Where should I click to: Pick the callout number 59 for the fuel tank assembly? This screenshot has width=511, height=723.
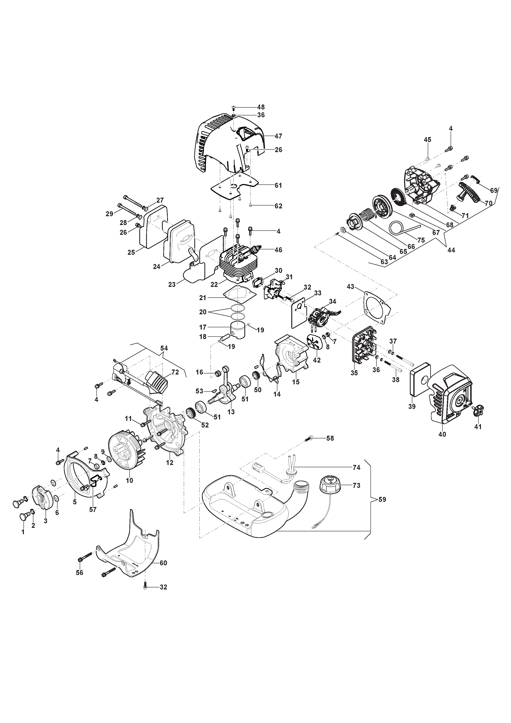point(382,499)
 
